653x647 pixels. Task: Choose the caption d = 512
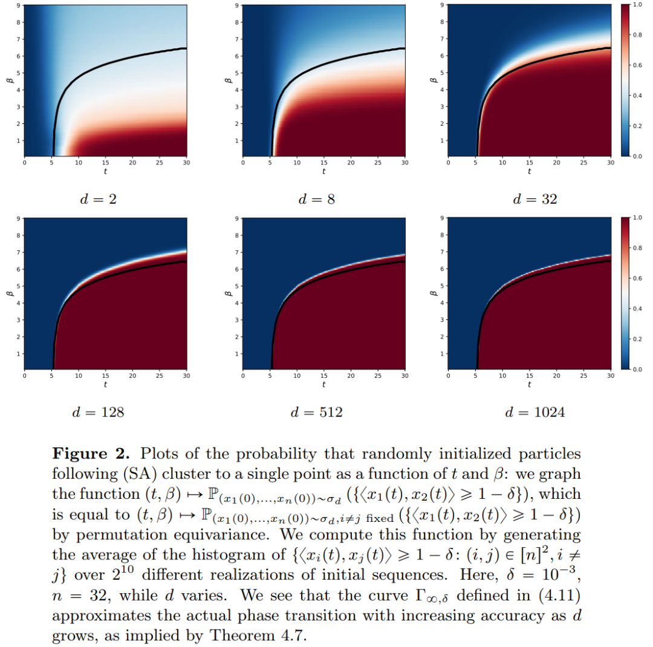tap(317, 412)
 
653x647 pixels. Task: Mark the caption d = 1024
tap(535, 412)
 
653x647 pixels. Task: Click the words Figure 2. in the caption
tap(85, 454)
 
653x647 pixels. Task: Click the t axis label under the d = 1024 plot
tap(530, 384)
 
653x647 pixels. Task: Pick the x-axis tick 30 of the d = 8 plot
tap(404, 163)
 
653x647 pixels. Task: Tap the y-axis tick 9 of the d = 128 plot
tap(19, 218)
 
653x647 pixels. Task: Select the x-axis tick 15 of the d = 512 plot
tap(323, 376)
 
